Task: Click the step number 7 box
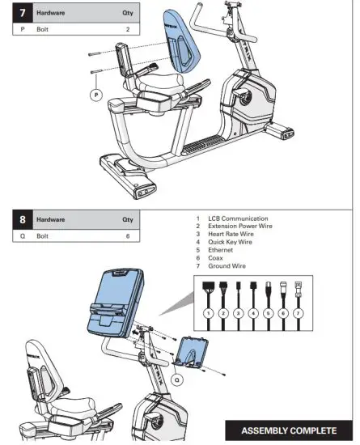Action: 23,14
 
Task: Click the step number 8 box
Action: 23,219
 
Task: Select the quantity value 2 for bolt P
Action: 127,29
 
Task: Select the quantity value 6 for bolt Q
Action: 127,235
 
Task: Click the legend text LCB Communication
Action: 238,218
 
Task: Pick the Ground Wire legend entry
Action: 229,266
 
